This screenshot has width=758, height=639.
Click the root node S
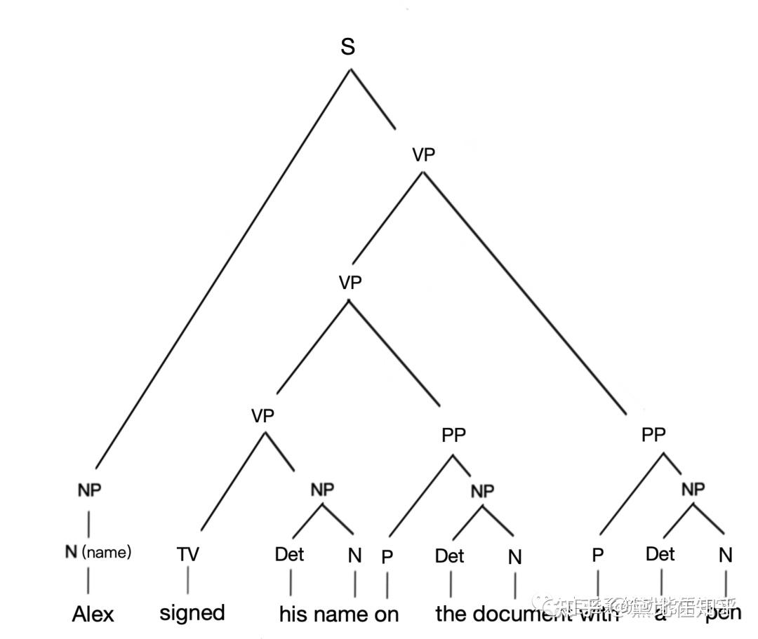pyautogui.click(x=347, y=47)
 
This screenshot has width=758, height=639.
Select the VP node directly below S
pyautogui.click(x=423, y=154)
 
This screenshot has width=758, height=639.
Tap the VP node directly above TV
pyautogui.click(x=262, y=415)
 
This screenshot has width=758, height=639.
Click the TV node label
pyautogui.click(x=187, y=554)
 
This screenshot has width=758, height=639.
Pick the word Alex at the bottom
pyautogui.click(x=93, y=614)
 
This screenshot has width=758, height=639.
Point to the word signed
pyautogui.click(x=192, y=612)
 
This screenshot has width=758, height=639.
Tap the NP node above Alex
pyautogui.click(x=89, y=490)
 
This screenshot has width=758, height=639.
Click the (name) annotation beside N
pyautogui.click(x=107, y=552)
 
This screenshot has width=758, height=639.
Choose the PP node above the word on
pyautogui.click(x=453, y=435)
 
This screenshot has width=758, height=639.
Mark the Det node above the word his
pyautogui.click(x=289, y=554)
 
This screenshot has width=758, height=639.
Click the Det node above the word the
pyautogui.click(x=449, y=556)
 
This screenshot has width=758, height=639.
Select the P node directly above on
pyautogui.click(x=387, y=557)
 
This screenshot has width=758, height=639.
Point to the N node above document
pyautogui.click(x=515, y=557)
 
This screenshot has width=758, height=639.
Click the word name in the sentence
pyautogui.click(x=340, y=614)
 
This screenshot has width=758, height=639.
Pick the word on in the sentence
pyautogui.click(x=387, y=614)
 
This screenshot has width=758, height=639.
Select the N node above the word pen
pyautogui.click(x=725, y=556)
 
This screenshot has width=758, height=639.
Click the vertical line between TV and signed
pyautogui.click(x=188, y=581)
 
